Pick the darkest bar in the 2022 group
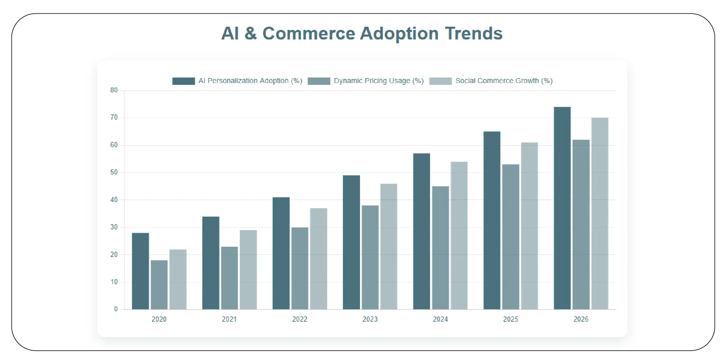(281, 253)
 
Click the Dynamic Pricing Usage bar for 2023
(370, 257)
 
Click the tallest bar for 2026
(562, 208)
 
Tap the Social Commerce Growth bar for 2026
(600, 213)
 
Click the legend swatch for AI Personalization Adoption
(183, 81)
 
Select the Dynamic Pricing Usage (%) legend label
(379, 81)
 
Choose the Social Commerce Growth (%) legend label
(504, 81)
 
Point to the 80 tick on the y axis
(114, 90)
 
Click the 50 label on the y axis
(114, 172)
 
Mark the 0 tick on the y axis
(116, 309)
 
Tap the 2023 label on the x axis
(370, 319)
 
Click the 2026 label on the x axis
(581, 319)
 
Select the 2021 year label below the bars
(229, 319)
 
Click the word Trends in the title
(474, 33)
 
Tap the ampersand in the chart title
(251, 33)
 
